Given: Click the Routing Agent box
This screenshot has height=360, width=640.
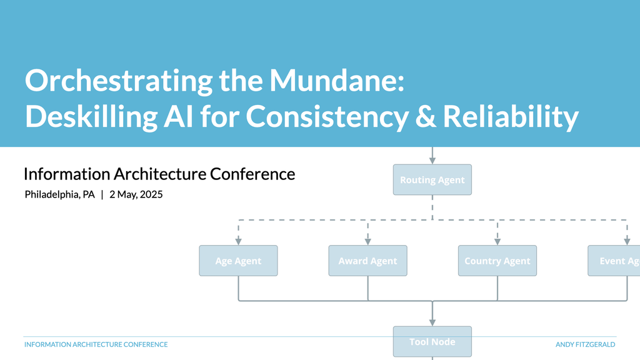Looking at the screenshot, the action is coord(432,179).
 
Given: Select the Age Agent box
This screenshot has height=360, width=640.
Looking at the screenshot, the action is coord(238,261).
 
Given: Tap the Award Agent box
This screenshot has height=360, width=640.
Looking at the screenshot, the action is coord(367,261).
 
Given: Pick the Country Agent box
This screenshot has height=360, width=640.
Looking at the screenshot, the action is coord(497,261).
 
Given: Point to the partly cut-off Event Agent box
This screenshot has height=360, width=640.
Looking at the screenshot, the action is coord(614,261).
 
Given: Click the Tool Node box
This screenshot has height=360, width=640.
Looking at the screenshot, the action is coord(432,342).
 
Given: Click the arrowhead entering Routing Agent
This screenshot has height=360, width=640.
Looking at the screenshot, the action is coord(432,161).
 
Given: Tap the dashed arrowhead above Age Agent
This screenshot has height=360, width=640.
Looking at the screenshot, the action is coord(238,242).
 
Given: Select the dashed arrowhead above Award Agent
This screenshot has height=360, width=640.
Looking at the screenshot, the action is coord(367,242).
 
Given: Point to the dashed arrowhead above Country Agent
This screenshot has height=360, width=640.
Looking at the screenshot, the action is coord(497,242).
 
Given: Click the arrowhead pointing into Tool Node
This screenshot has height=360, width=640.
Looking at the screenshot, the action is coord(432,322).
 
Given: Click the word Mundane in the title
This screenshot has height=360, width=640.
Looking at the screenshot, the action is coord(337,81).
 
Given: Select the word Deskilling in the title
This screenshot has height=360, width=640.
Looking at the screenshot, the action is coord(91,117).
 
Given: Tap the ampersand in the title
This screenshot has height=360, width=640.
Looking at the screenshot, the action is coord(425,117).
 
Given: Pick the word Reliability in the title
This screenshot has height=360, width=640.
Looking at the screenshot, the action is coord(511,117).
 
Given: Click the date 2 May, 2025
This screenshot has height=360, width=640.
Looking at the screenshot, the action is coord(136,195).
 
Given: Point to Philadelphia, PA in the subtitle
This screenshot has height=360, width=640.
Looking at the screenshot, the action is coord(59,195).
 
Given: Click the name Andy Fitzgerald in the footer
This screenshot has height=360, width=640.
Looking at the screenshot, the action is coord(585,344).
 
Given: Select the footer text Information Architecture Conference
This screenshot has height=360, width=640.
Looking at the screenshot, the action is coord(96,344).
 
